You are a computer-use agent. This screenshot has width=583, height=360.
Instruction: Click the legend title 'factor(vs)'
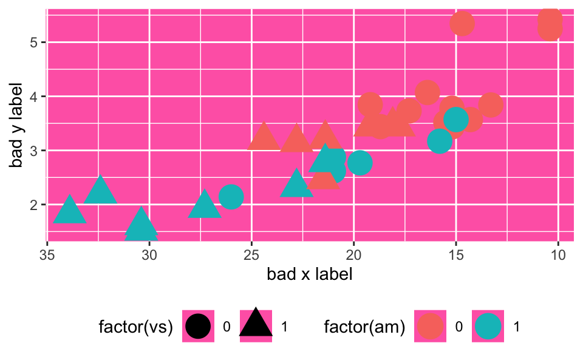(x=136, y=327)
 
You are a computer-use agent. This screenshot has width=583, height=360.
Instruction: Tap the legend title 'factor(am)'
(x=364, y=327)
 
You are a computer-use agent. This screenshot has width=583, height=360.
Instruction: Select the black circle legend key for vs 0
(x=199, y=327)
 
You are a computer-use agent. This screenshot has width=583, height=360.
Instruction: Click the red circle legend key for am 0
(x=431, y=327)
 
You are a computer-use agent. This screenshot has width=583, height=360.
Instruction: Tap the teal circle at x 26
(x=231, y=196)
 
